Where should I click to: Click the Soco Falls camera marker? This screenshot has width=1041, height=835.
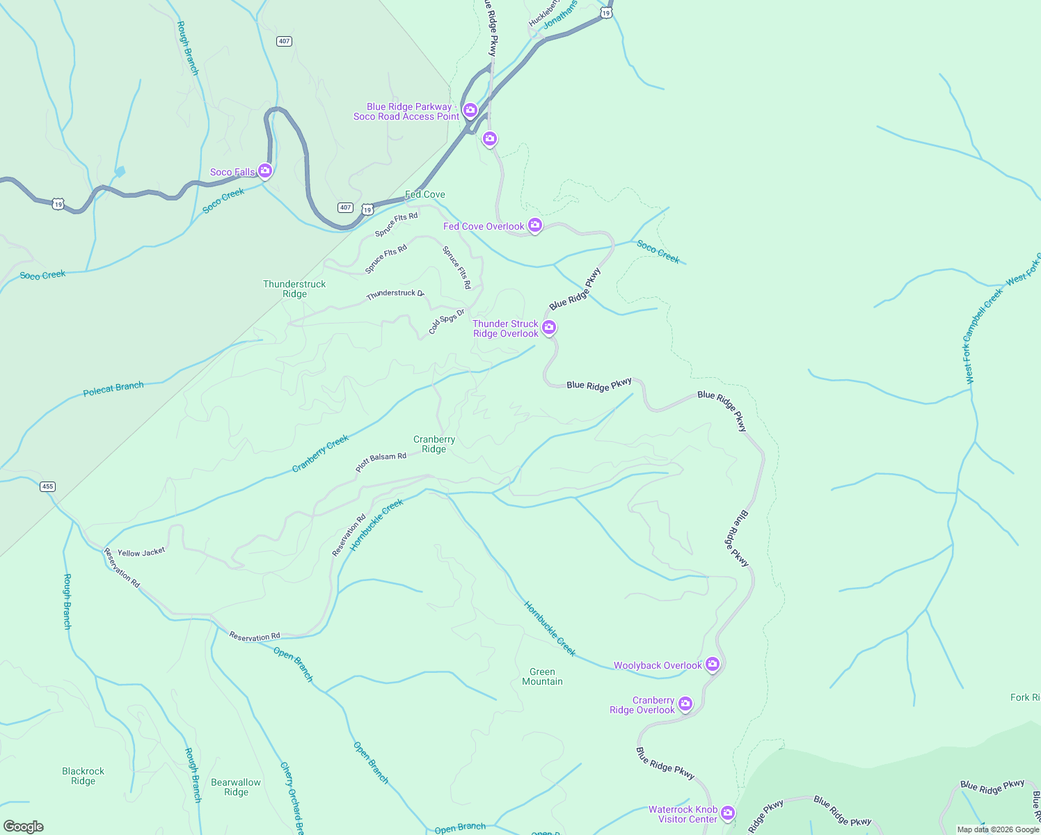(x=264, y=170)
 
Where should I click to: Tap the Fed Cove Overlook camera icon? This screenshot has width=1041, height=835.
(x=534, y=225)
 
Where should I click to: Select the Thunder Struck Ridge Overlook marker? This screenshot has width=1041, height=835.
(x=548, y=327)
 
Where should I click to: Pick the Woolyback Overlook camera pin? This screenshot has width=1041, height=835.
(x=712, y=664)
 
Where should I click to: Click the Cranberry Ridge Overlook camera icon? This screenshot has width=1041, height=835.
(x=685, y=703)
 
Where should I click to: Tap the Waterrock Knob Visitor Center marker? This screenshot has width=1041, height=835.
(x=727, y=813)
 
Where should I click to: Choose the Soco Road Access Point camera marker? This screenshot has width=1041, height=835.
(x=470, y=110)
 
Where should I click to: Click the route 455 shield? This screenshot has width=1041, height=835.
(x=47, y=486)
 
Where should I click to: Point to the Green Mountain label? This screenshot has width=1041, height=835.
(x=542, y=676)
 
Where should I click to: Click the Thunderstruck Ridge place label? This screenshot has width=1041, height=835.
(x=294, y=289)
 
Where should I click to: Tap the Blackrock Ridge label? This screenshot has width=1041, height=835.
(x=83, y=776)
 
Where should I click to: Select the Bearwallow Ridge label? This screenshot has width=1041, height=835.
(x=236, y=787)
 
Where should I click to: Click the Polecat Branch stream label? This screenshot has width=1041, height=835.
(x=113, y=388)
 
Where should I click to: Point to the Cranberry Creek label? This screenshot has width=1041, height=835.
(x=320, y=454)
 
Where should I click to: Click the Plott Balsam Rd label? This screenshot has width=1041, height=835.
(x=381, y=462)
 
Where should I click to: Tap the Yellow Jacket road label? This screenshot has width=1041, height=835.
(x=141, y=552)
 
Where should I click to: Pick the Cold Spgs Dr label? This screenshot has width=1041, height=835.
(x=446, y=321)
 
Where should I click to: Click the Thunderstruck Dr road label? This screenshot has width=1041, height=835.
(x=395, y=294)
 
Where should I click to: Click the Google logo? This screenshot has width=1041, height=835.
(x=24, y=827)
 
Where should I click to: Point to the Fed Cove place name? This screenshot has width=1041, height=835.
(x=425, y=195)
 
